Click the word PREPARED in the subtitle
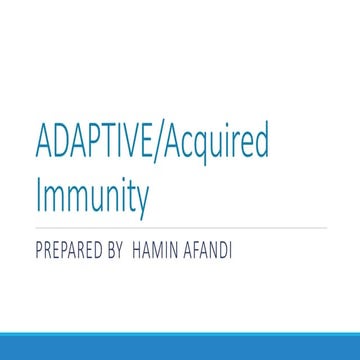click(x=71, y=247)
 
